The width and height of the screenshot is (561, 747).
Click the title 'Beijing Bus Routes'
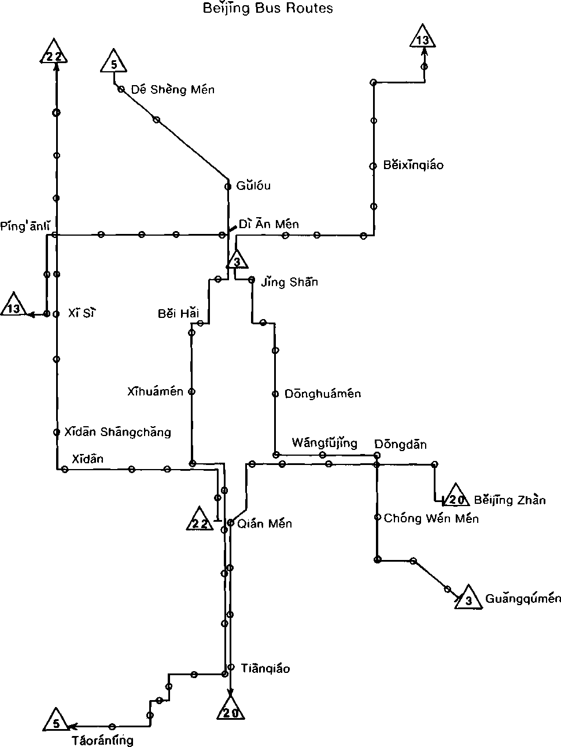click(268, 9)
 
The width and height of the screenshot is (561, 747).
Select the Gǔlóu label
click(253, 186)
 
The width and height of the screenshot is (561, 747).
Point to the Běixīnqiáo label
click(413, 166)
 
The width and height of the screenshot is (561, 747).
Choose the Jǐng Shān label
click(289, 283)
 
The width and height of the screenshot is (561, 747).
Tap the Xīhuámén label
click(155, 392)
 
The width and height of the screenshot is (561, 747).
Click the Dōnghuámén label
click(323, 394)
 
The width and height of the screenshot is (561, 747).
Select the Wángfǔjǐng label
click(324, 444)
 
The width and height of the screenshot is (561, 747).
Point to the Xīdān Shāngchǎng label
click(117, 432)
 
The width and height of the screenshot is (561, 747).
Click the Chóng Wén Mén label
click(431, 518)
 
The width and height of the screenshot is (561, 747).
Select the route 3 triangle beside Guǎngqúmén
click(469, 598)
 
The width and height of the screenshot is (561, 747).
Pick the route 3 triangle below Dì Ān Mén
click(237, 261)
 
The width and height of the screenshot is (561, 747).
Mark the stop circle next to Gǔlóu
click(228, 186)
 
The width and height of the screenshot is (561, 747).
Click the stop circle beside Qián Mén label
click(230, 523)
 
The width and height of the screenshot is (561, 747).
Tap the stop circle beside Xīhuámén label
click(192, 391)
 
